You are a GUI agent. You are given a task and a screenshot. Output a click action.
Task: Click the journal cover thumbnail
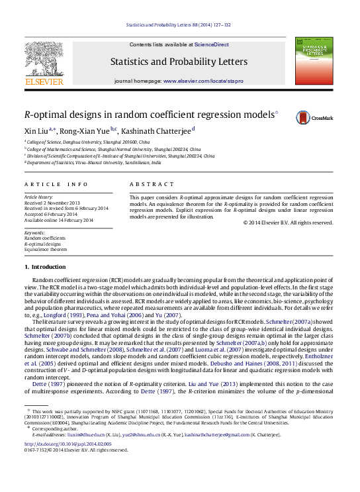(314, 61)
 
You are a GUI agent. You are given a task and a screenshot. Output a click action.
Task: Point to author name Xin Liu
(36, 130)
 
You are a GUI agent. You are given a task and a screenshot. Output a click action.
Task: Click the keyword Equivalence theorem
(46, 250)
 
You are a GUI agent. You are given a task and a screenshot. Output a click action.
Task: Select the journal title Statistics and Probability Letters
(179, 62)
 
